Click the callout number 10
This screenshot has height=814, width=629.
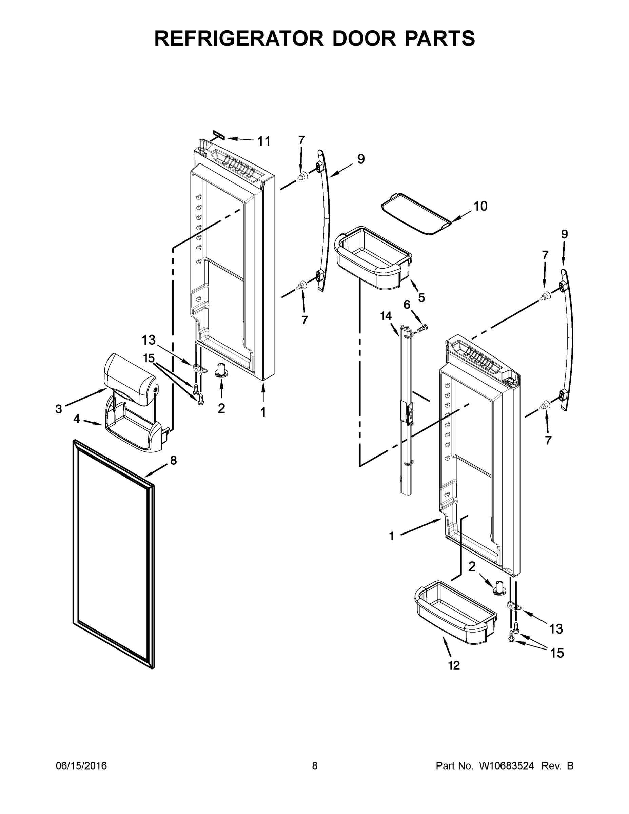coord(480,206)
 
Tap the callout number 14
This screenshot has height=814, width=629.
coord(386,316)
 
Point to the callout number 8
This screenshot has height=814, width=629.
coord(173,460)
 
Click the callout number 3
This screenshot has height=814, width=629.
coord(59,409)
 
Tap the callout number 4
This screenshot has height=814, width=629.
coord(76,419)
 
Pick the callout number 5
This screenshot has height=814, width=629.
coord(421,297)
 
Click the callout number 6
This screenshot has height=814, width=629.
coord(407,305)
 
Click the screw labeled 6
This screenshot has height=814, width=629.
coord(422,328)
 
